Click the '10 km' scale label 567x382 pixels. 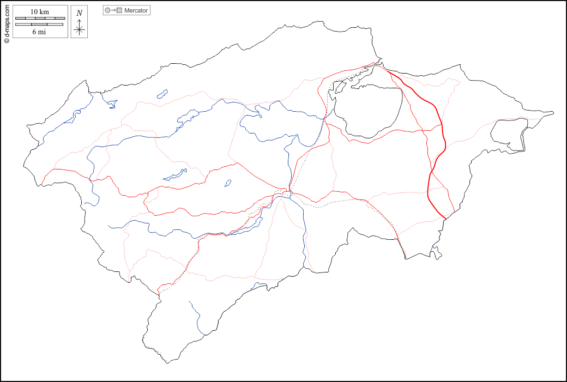click(x=39, y=11)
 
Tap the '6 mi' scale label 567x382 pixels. click(x=39, y=32)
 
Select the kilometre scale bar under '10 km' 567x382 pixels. click(x=39, y=19)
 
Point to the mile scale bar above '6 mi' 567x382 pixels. click(x=39, y=25)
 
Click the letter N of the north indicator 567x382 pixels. click(x=80, y=13)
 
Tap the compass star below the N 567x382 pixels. click(x=80, y=29)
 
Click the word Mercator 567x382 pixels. click(x=136, y=10)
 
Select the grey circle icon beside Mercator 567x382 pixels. click(x=107, y=10)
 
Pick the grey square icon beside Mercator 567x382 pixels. click(x=119, y=10)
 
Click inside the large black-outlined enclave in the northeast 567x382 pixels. click(x=371, y=109)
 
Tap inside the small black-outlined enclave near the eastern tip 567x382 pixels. click(x=507, y=134)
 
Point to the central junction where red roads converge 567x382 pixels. click(x=288, y=192)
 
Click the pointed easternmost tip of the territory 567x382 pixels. click(x=553, y=113)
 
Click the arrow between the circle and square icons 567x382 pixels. click(x=113, y=10)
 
